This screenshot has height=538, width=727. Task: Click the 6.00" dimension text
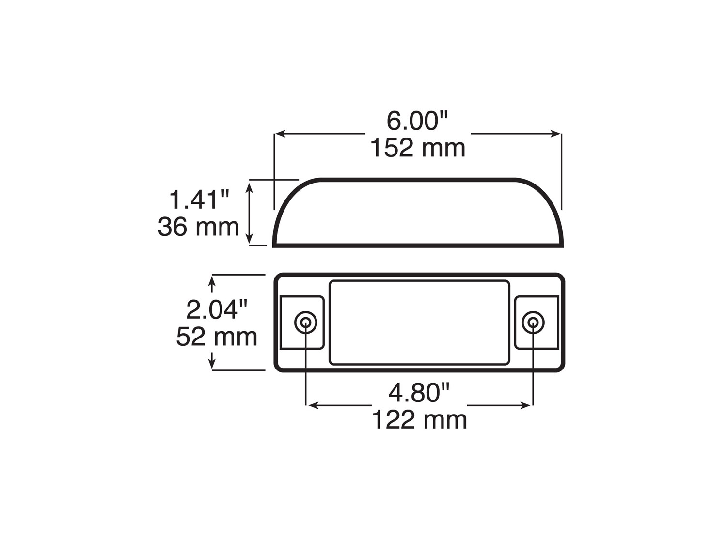tap(418, 121)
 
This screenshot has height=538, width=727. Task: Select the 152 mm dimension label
tap(418, 148)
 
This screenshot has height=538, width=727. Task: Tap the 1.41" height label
tap(199, 200)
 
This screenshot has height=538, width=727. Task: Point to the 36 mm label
tap(199, 227)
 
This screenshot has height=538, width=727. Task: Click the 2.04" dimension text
tap(217, 310)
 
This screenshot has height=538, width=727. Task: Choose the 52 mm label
tap(217, 337)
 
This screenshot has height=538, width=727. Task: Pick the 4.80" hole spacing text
tap(419, 393)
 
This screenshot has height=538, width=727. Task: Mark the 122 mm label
tap(419, 420)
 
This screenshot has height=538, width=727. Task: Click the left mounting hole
tap(306, 322)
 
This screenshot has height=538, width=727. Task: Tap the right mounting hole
tap(533, 322)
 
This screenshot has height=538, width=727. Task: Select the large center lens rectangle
tap(419, 323)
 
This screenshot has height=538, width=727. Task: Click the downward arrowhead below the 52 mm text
tap(212, 364)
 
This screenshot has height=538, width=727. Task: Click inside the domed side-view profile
tap(418, 213)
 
